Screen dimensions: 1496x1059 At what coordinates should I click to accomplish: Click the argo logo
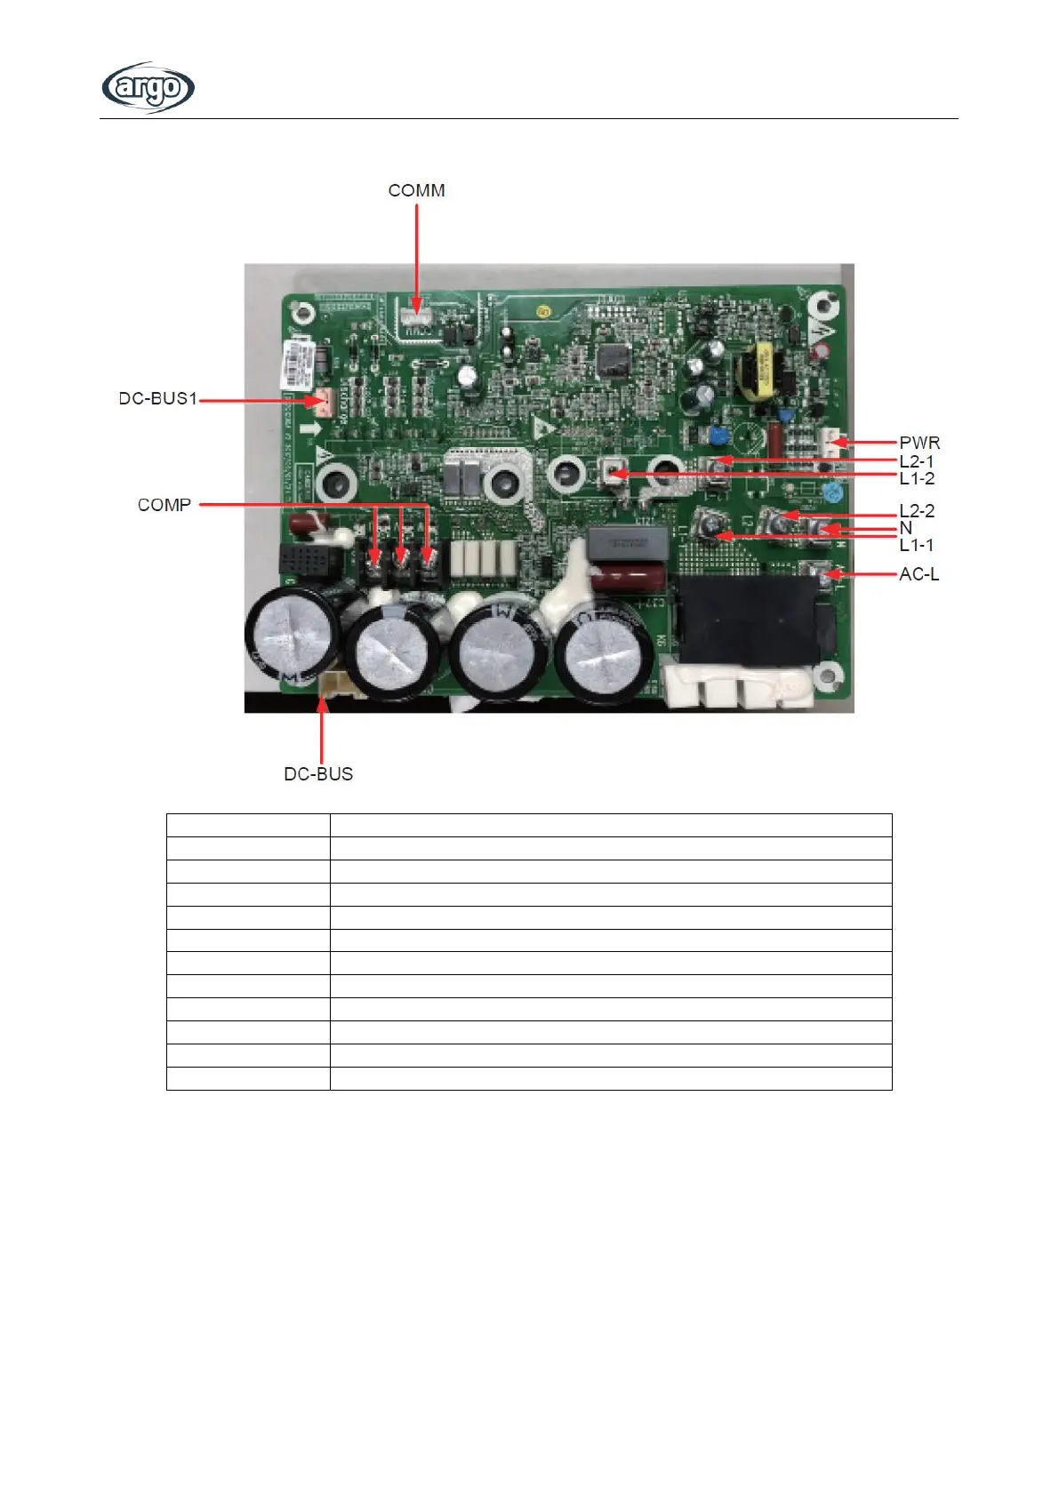tap(148, 87)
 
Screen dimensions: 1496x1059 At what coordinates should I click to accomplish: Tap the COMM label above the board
tap(416, 190)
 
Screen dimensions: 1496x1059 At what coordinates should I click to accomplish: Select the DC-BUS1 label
tap(157, 398)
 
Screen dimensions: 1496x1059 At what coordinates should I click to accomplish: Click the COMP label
tap(164, 504)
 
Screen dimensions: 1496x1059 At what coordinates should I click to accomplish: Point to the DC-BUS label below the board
tap(318, 773)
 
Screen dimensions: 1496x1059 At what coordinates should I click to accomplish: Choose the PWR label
tap(919, 442)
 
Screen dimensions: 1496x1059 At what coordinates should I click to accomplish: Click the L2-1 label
tap(917, 460)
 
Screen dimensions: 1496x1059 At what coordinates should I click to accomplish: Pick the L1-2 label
tap(917, 478)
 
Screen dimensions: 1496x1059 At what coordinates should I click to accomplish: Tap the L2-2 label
tap(917, 510)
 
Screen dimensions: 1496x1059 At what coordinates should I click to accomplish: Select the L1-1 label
tap(917, 545)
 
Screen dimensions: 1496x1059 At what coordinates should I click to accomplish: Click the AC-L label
tap(919, 573)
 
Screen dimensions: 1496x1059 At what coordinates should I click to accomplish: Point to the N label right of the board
tap(906, 527)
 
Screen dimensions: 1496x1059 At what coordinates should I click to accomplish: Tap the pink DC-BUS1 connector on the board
tap(323, 402)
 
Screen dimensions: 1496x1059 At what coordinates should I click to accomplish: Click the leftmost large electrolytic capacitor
tap(291, 630)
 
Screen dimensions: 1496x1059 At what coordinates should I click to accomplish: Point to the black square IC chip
tap(612, 360)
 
